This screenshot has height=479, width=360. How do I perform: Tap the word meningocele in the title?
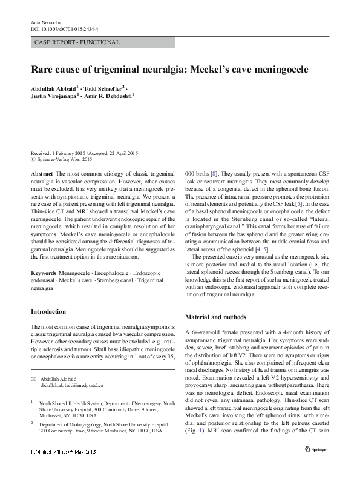pyautogui.click(x=277, y=70)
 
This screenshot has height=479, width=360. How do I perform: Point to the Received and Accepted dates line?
pyautogui.click(x=83, y=153)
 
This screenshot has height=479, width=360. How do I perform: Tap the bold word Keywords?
pyautogui.click(x=44, y=274)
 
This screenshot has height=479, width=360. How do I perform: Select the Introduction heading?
pyautogui.click(x=48, y=312)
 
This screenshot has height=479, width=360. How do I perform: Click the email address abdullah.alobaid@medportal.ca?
pyautogui.click(x=72, y=385)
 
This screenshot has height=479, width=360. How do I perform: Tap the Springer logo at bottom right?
pyautogui.click(x=316, y=466)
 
